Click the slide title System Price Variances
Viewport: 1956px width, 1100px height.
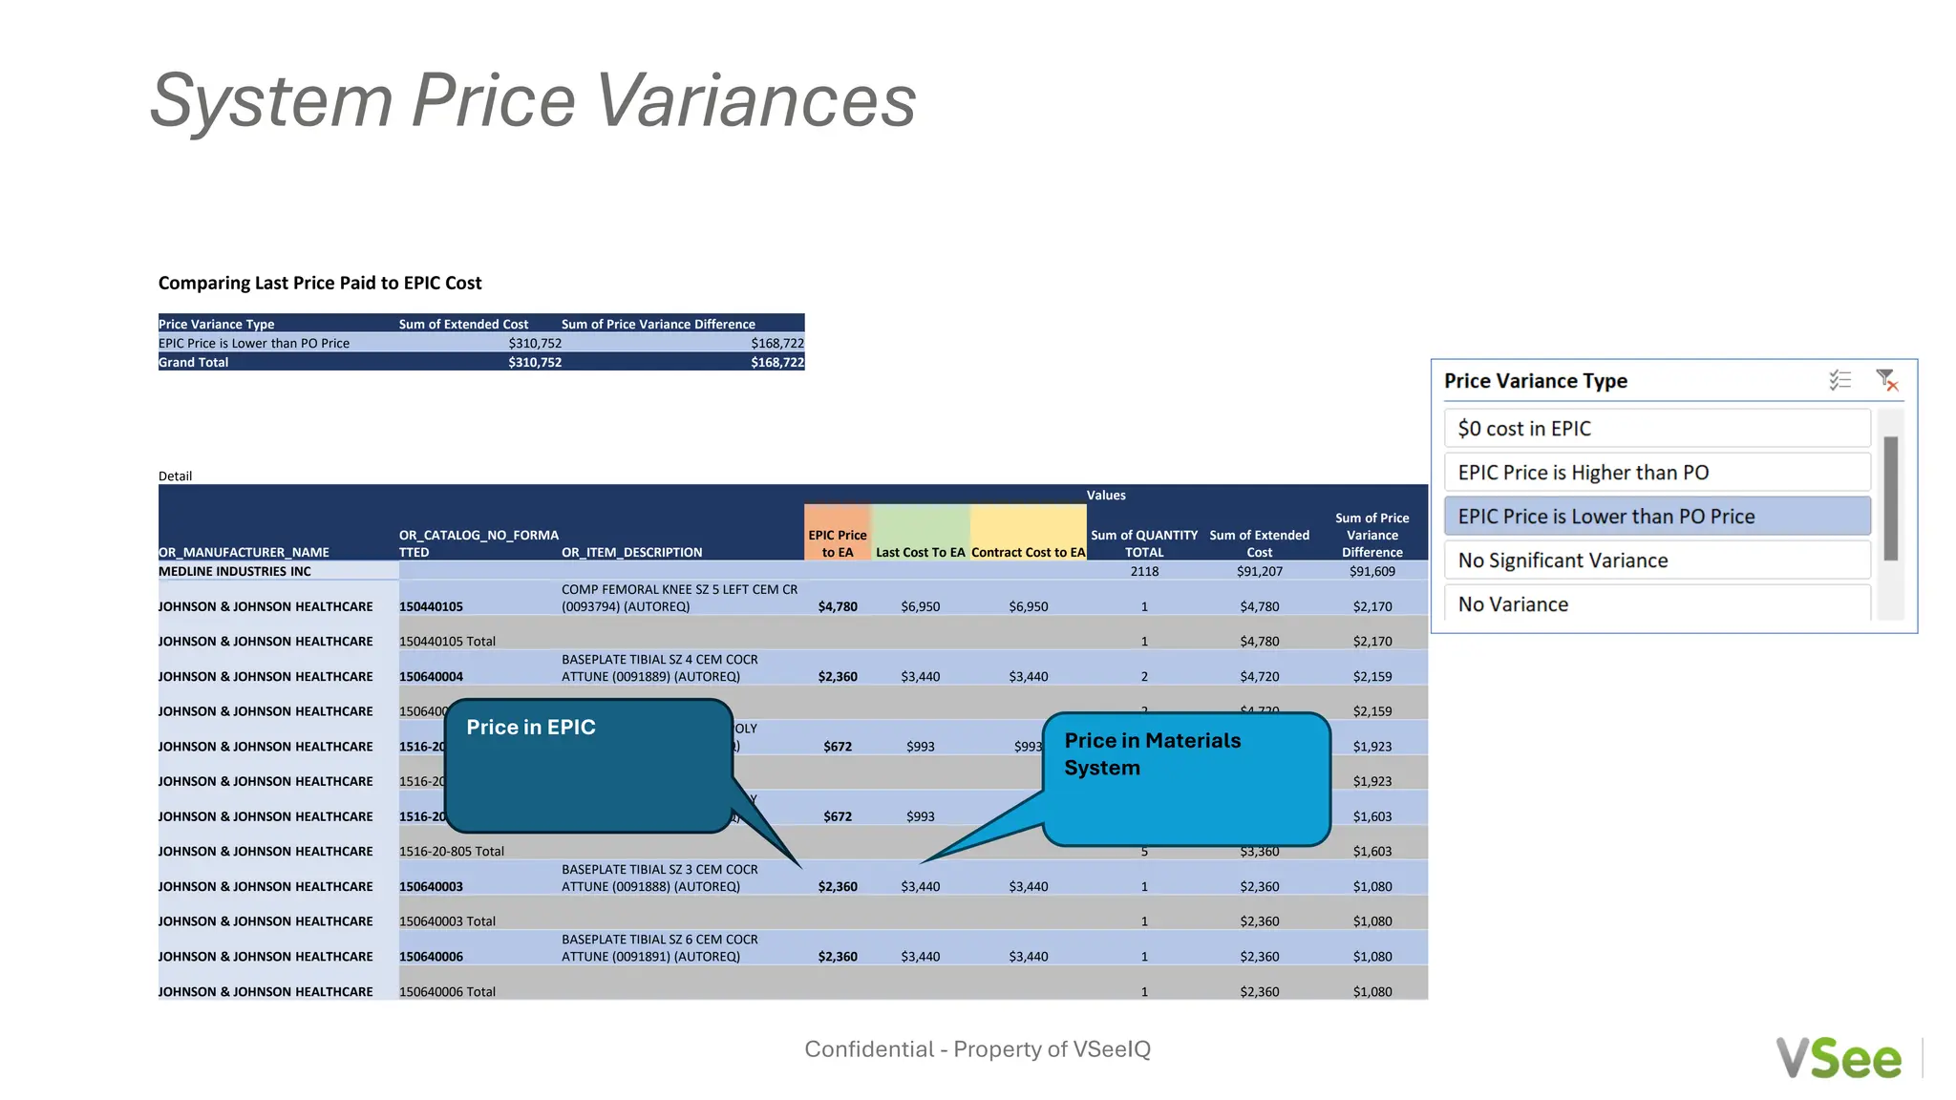pyautogui.click(x=533, y=100)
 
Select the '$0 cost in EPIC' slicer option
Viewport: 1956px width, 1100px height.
pyautogui.click(x=1657, y=429)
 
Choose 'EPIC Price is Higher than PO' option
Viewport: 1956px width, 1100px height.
pyautogui.click(x=1657, y=473)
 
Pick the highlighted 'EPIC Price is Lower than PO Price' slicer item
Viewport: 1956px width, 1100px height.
pyautogui.click(x=1657, y=517)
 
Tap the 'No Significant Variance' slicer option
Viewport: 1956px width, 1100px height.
pyautogui.click(x=1657, y=561)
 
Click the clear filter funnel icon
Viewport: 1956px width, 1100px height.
pyautogui.click(x=1886, y=380)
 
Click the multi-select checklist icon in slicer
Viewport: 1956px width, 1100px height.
pyautogui.click(x=1840, y=380)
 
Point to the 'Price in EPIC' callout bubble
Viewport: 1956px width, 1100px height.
pyautogui.click(x=587, y=764)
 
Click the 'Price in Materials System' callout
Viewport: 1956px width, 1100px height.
pyautogui.click(x=1185, y=778)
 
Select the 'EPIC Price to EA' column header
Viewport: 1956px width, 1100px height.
pyautogui.click(x=838, y=543)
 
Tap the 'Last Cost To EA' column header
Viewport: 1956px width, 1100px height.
pyautogui.click(x=921, y=552)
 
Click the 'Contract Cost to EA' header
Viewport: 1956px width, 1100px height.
pyautogui.click(x=1029, y=552)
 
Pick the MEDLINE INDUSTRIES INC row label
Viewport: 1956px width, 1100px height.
pyautogui.click(x=235, y=571)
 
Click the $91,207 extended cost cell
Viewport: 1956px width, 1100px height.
pyautogui.click(x=1259, y=571)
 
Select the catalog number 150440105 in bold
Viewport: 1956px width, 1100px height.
pyautogui.click(x=431, y=606)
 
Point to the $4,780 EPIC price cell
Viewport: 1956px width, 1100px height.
pyautogui.click(x=838, y=606)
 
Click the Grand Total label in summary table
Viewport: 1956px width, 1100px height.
pyautogui.click(x=194, y=362)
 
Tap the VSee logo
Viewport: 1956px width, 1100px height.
pyautogui.click(x=1839, y=1058)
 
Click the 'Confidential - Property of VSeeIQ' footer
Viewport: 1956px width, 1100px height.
pyautogui.click(x=977, y=1049)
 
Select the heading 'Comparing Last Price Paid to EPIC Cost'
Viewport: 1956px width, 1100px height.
pyautogui.click(x=320, y=283)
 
